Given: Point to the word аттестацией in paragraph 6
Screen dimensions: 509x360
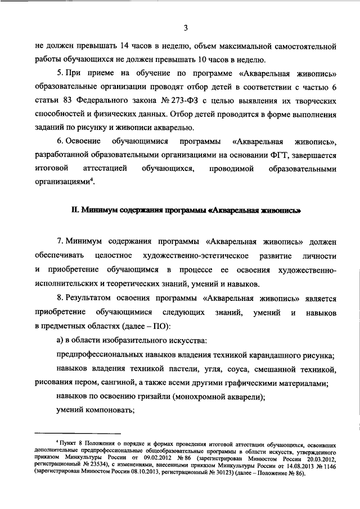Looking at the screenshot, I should pyautogui.click(x=107, y=168).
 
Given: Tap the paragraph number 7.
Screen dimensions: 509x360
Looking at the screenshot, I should pyautogui.click(x=58, y=241).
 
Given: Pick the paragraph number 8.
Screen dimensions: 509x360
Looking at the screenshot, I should pyautogui.click(x=58, y=299).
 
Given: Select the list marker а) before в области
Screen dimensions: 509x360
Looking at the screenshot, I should pyautogui.click(x=60, y=341).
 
